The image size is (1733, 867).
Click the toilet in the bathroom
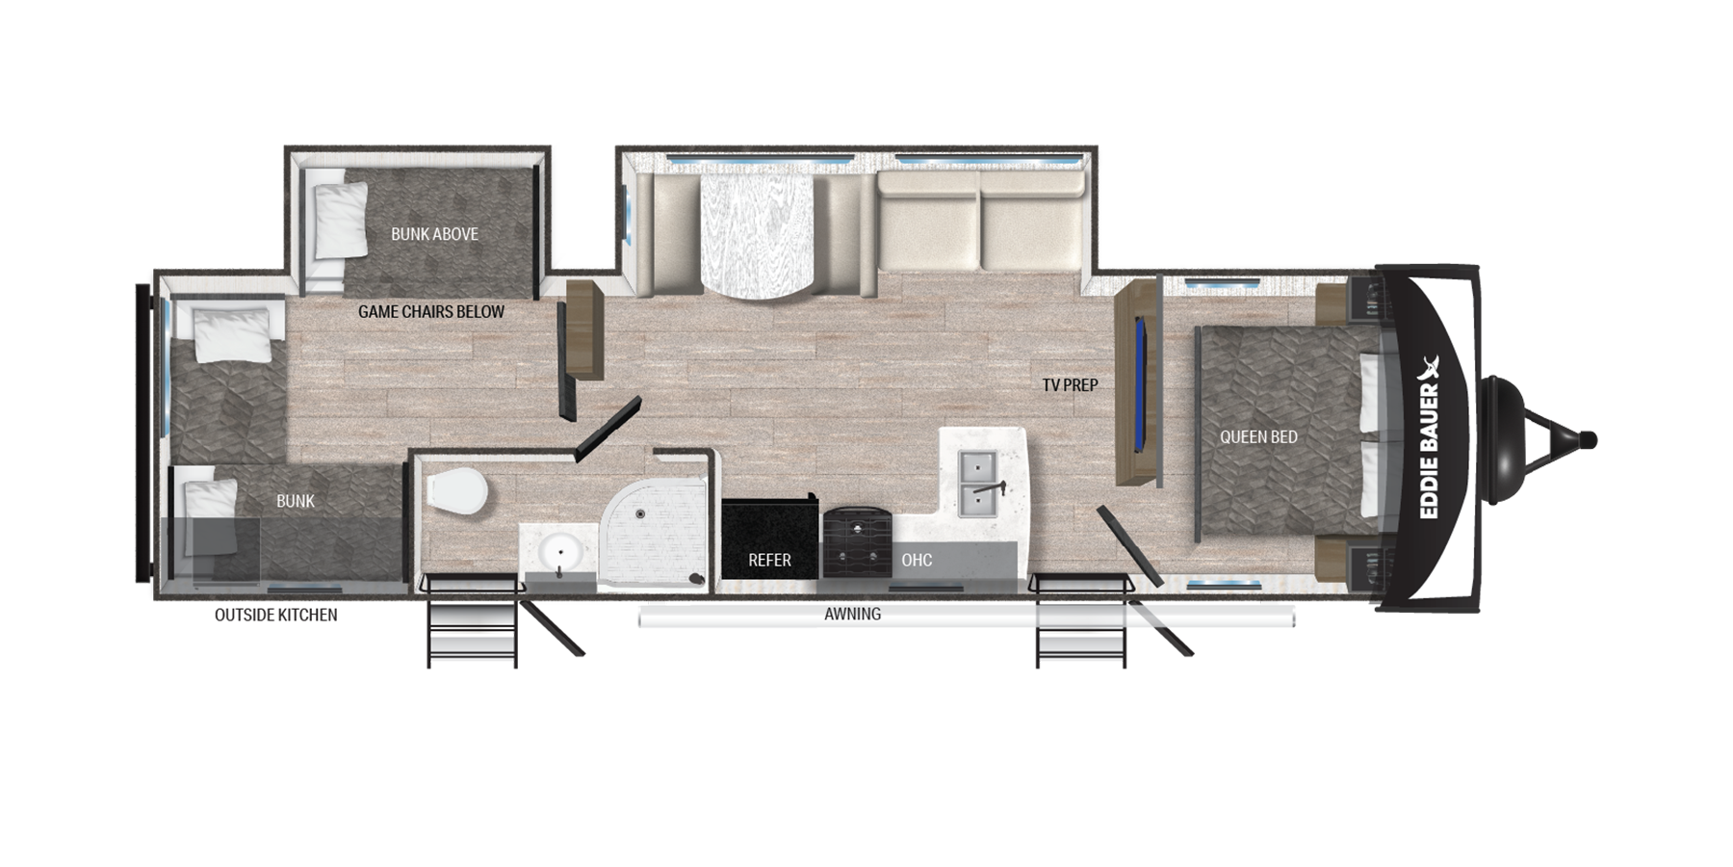(x=456, y=491)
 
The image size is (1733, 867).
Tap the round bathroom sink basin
(x=558, y=554)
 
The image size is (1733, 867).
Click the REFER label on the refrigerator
(x=769, y=560)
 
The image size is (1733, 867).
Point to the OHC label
(x=917, y=560)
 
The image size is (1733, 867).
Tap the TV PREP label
(x=1070, y=385)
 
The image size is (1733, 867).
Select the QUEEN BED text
(x=1258, y=437)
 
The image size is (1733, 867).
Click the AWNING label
(x=852, y=614)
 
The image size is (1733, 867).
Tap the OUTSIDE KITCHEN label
(x=276, y=615)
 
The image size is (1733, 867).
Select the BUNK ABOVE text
(x=434, y=234)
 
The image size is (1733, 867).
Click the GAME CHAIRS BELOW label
(x=431, y=312)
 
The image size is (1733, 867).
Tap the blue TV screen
(x=1142, y=384)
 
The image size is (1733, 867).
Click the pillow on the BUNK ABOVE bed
(x=341, y=221)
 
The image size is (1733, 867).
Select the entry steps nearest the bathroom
(x=472, y=621)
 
